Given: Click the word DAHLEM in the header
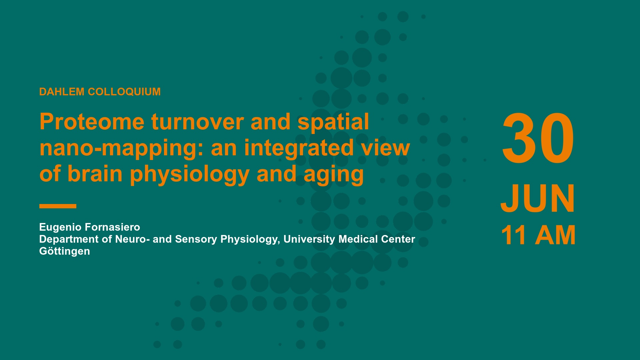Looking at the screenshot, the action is click(62, 92).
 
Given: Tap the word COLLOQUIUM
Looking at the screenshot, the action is click(124, 92).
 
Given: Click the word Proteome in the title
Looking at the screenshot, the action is click(92, 122).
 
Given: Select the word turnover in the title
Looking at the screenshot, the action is click(198, 122).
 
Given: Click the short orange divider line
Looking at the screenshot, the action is click(58, 206).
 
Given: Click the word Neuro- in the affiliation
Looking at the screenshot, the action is click(132, 239).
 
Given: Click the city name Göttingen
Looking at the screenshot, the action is click(65, 251).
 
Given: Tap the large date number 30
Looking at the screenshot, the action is click(538, 139).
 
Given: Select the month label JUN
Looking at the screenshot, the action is click(538, 199).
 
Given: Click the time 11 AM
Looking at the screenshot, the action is click(538, 235).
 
